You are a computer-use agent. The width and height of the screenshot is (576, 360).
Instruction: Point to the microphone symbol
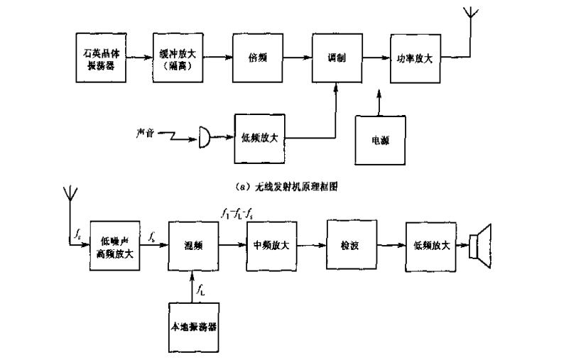pos(204,138)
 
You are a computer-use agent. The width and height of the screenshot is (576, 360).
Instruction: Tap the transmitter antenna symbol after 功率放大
pos(469,18)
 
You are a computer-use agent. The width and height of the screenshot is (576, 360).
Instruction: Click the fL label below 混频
pos(204,289)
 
